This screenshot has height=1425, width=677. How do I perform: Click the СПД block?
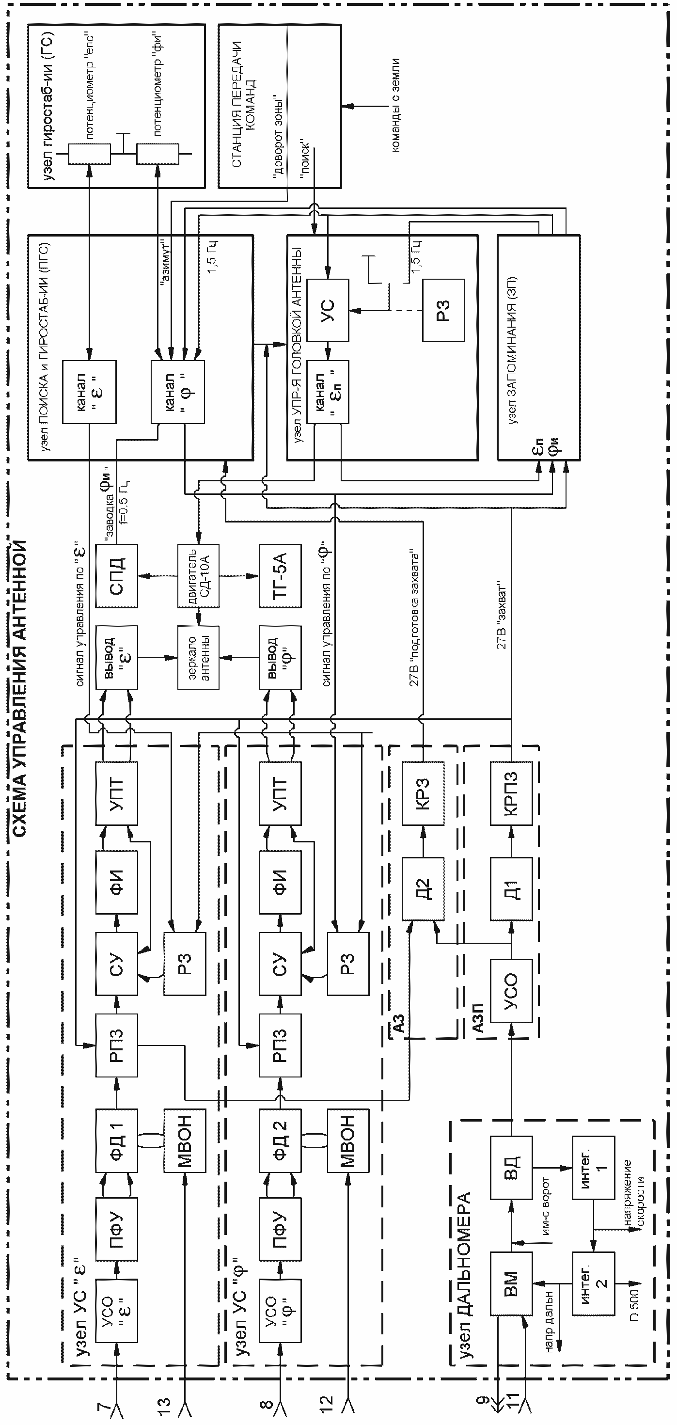(117, 576)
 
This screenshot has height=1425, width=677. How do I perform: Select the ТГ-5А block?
(281, 576)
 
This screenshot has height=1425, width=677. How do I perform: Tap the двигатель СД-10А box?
(199, 576)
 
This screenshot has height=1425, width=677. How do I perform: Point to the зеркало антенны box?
(199, 658)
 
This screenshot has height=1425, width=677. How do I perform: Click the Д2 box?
(423, 889)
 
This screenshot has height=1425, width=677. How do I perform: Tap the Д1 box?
(511, 889)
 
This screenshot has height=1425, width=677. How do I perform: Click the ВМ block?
(511, 1283)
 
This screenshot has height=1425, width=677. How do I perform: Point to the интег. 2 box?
(594, 1283)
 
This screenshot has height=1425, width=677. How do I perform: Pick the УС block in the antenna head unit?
(328, 310)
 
